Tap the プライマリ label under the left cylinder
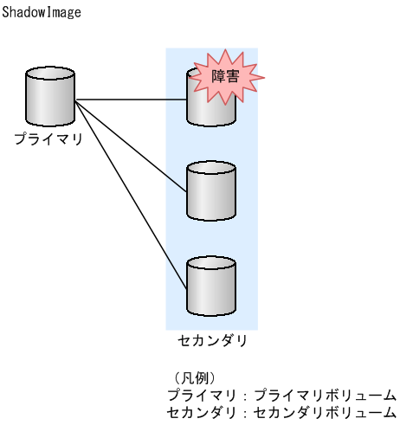(x=48, y=138)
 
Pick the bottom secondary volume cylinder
(x=211, y=287)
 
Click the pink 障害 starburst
(x=226, y=77)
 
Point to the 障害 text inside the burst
(x=226, y=76)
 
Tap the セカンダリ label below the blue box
(x=212, y=340)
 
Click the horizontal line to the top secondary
(x=130, y=100)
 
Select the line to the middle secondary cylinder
(x=130, y=145)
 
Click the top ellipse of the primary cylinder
(x=50, y=76)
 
